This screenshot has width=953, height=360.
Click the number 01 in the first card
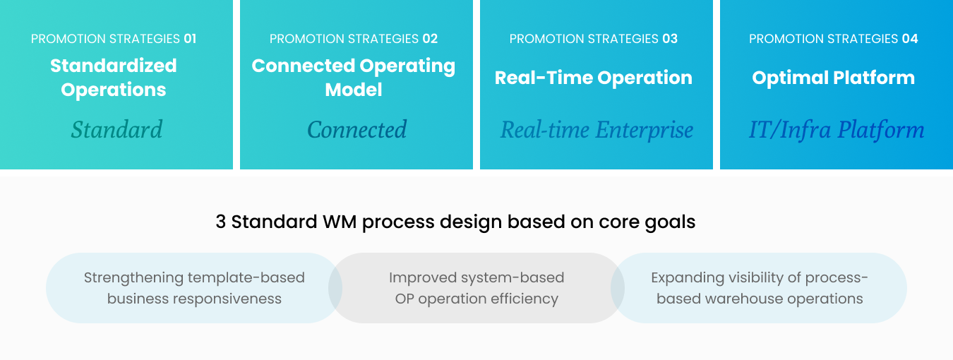(x=190, y=39)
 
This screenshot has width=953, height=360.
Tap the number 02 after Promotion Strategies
(x=430, y=39)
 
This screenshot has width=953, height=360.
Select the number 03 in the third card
(x=670, y=39)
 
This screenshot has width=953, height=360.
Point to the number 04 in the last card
(x=910, y=39)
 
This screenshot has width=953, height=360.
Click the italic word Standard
(x=116, y=129)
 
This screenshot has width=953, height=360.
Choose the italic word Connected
(x=357, y=129)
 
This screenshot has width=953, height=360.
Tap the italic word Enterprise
(x=644, y=130)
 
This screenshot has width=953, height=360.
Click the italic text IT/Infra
(x=790, y=129)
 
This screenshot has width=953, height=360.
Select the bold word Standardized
(x=114, y=66)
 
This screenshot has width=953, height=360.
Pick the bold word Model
(x=354, y=90)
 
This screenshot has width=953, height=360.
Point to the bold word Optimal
(x=790, y=78)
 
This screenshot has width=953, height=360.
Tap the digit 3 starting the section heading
(x=220, y=222)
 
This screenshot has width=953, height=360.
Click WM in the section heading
(x=340, y=222)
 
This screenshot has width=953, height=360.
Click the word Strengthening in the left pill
(x=133, y=278)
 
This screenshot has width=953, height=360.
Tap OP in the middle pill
(x=404, y=299)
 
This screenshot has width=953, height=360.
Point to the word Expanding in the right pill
(x=687, y=278)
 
